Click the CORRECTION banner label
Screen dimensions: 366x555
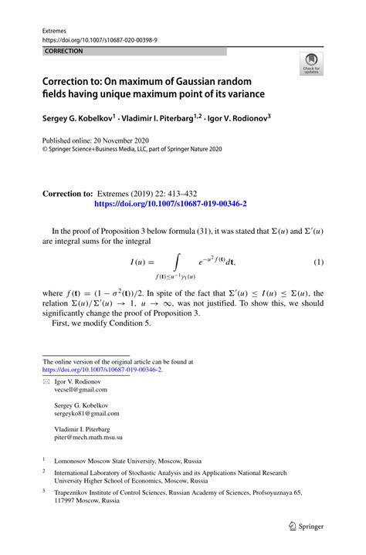(64, 52)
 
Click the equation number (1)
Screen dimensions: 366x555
(317, 262)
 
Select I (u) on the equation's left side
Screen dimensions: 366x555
(140, 262)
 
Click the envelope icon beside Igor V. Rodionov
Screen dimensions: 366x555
(46, 381)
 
